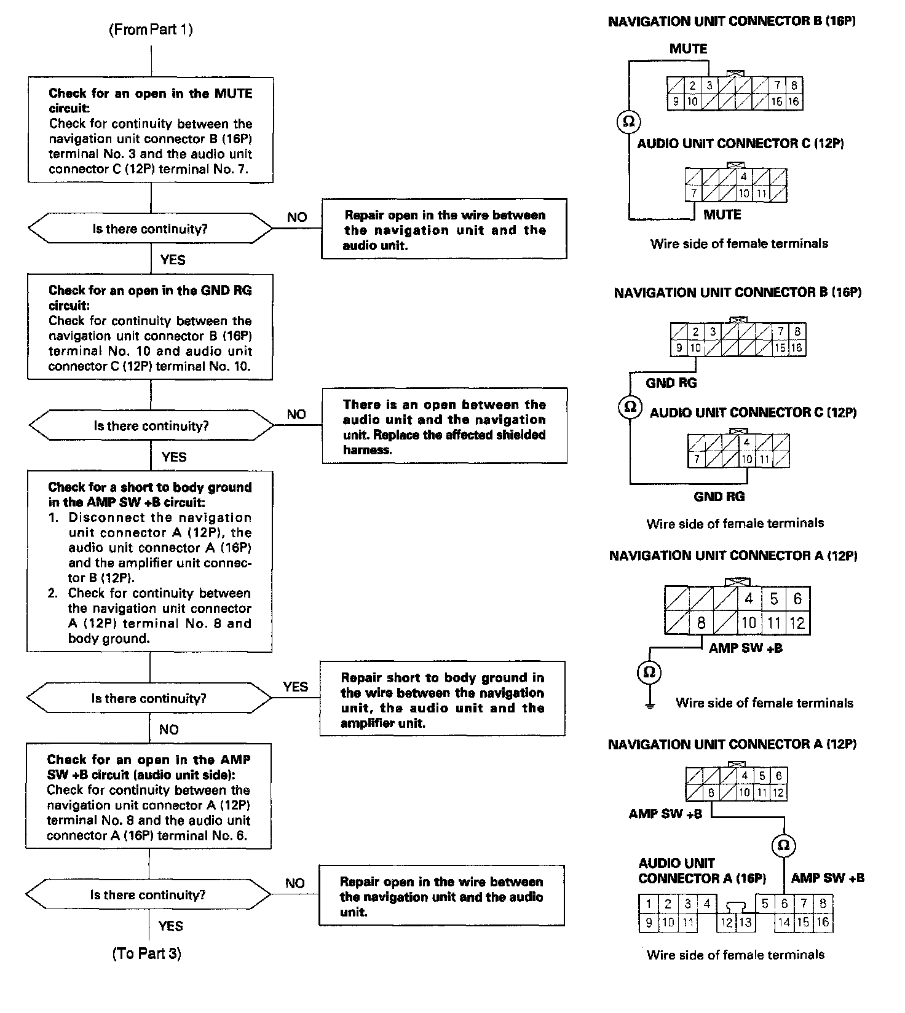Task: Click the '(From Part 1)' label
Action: (x=151, y=30)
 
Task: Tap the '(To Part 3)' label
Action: (x=146, y=953)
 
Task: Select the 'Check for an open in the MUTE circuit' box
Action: (x=151, y=130)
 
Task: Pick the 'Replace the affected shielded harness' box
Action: (x=444, y=426)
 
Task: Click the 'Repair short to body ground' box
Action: (x=442, y=699)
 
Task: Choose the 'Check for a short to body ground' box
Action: (x=149, y=562)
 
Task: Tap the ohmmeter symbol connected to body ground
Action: (x=649, y=672)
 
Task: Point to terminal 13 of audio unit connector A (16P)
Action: (x=745, y=922)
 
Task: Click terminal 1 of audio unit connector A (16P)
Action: (x=648, y=904)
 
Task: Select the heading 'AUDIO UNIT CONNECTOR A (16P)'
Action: (x=701, y=870)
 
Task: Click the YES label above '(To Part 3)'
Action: (x=171, y=926)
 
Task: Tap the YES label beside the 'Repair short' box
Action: (x=295, y=687)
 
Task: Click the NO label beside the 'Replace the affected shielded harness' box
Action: (x=296, y=414)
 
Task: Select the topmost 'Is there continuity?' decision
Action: (x=150, y=229)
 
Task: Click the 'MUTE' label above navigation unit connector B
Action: (x=688, y=49)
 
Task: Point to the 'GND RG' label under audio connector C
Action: (x=719, y=496)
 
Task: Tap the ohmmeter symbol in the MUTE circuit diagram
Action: (x=628, y=121)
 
